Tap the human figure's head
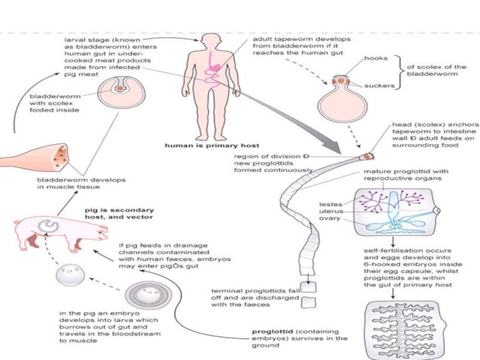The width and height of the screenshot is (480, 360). coord(211,42)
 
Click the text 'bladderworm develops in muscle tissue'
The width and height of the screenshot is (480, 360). coord(73,184)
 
